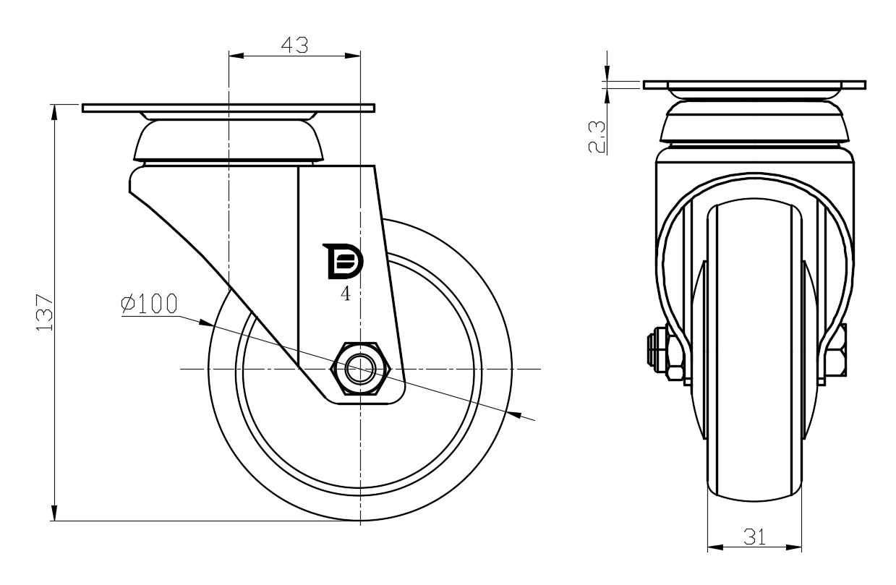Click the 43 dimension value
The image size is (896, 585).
pyautogui.click(x=294, y=45)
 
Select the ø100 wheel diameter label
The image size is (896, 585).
pyautogui.click(x=149, y=304)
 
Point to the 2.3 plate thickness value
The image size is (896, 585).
pyautogui.click(x=597, y=137)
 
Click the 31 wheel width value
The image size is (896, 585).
pyautogui.click(x=753, y=536)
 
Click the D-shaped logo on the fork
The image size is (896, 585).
pyautogui.click(x=345, y=261)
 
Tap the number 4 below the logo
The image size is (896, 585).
pyautogui.click(x=346, y=295)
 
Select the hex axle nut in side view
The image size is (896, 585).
pyautogui.click(x=359, y=370)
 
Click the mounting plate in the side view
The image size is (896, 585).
pyautogui.click(x=229, y=108)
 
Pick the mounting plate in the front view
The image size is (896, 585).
pyautogui.click(x=754, y=85)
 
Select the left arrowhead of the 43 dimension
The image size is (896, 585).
pyautogui.click(x=235, y=55)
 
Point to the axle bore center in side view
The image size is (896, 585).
pyautogui.click(x=359, y=370)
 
